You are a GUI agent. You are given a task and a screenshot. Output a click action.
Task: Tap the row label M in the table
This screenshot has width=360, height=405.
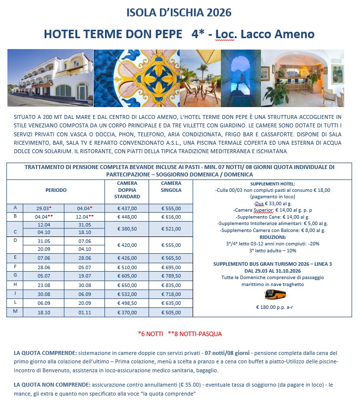click(x=15, y=312)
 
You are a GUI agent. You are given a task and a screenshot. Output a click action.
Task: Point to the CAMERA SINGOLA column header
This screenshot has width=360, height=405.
click(x=171, y=186)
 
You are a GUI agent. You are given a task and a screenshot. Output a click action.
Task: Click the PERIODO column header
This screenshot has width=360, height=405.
click(x=55, y=190)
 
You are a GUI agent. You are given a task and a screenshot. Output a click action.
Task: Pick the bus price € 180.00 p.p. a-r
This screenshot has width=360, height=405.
click(x=272, y=307)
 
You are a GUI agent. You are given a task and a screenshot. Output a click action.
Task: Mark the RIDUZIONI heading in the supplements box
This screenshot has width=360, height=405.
click(x=271, y=237)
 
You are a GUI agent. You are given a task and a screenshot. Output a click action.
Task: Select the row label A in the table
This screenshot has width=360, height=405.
click(x=15, y=208)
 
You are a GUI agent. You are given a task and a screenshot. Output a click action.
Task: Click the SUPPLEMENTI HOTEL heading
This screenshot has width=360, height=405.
click(x=272, y=183)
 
